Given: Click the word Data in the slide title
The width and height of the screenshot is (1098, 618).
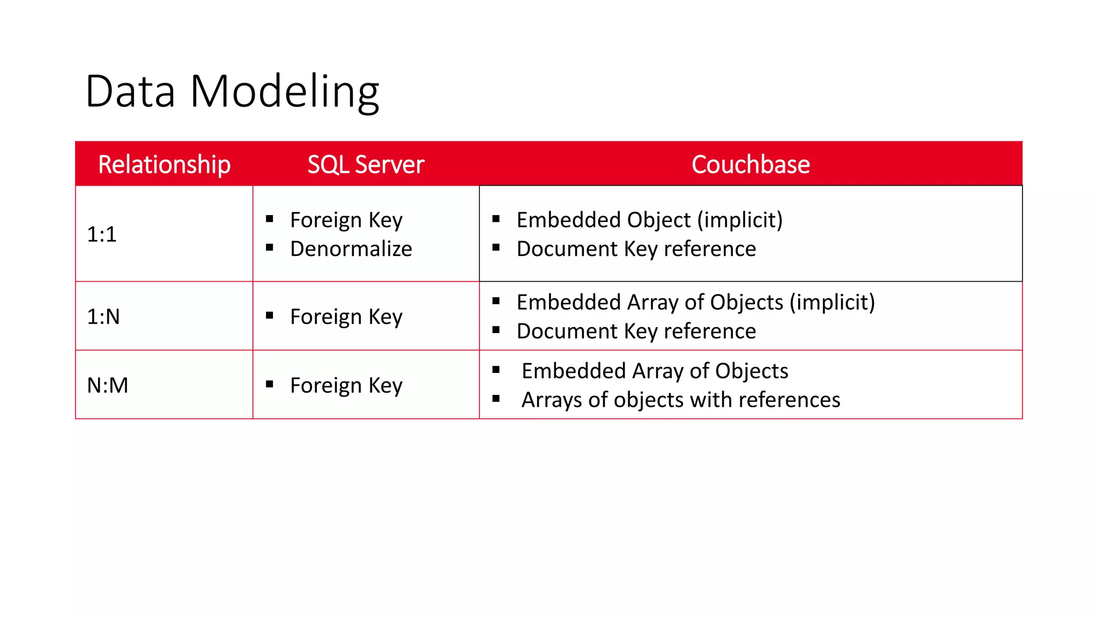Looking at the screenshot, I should click(x=130, y=91).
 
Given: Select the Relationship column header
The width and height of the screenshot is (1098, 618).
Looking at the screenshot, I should click(x=164, y=164).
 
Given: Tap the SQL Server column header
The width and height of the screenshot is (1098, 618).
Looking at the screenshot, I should click(x=366, y=164).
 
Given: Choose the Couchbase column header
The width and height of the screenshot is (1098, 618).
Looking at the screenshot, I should click(x=750, y=164).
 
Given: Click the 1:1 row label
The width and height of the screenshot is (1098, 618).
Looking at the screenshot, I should click(x=102, y=234).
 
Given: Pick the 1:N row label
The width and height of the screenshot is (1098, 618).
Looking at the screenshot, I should click(x=103, y=317).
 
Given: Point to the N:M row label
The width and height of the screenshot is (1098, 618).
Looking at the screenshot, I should click(x=108, y=385).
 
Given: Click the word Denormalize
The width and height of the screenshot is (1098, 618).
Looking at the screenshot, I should click(x=351, y=249).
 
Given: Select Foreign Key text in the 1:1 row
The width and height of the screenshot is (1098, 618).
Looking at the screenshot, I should click(x=346, y=220).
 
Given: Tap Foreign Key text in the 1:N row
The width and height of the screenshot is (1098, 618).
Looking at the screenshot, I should click(x=346, y=317).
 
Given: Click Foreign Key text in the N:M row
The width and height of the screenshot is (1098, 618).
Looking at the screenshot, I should click(x=346, y=385).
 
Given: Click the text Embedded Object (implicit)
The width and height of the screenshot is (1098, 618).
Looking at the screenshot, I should click(x=649, y=220).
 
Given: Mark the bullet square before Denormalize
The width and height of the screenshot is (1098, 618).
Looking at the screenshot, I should click(x=270, y=247).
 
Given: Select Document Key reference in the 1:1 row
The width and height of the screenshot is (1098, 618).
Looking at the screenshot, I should click(x=636, y=249).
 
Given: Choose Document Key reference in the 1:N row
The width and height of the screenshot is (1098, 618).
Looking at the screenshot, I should click(x=636, y=331).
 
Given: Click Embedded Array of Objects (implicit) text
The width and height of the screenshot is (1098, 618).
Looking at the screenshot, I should click(x=695, y=302).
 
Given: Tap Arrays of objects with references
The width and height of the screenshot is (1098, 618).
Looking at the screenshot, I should click(x=680, y=400).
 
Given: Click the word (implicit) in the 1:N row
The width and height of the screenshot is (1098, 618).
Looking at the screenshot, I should click(x=832, y=302).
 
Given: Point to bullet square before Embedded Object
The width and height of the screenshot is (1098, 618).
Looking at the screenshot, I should click(x=496, y=218).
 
